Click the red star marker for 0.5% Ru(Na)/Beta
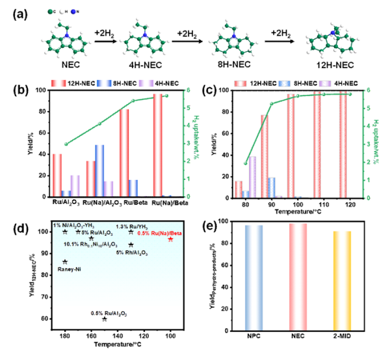170,239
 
